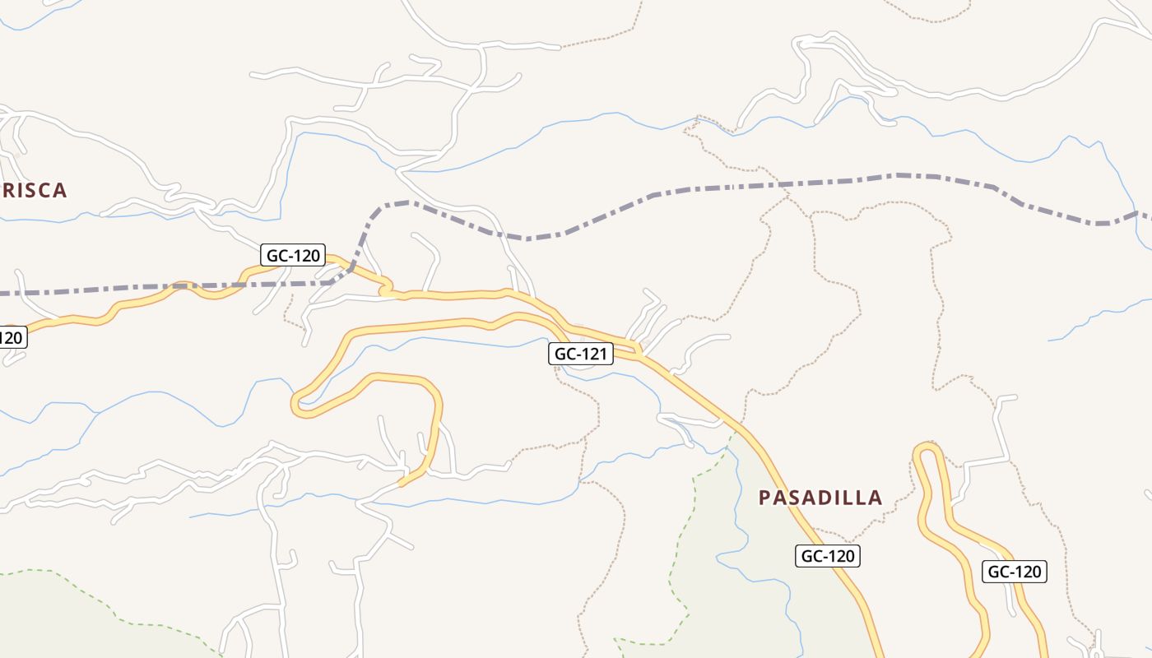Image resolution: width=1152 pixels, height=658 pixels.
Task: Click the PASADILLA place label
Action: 820,498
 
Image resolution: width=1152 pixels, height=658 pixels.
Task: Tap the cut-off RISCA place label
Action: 33,191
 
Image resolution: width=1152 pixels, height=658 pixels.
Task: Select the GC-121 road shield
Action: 582,354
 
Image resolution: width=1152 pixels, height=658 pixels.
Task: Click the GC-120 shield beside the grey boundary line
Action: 294,256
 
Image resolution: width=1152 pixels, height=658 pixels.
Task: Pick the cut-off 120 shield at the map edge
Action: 12,337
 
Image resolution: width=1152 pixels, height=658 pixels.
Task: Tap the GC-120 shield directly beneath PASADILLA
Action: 828,556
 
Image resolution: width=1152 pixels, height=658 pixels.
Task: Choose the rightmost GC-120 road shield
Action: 1015,572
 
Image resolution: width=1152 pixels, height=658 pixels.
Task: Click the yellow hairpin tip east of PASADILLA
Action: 927,449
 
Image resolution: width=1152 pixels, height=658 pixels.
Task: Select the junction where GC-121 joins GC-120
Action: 639,354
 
